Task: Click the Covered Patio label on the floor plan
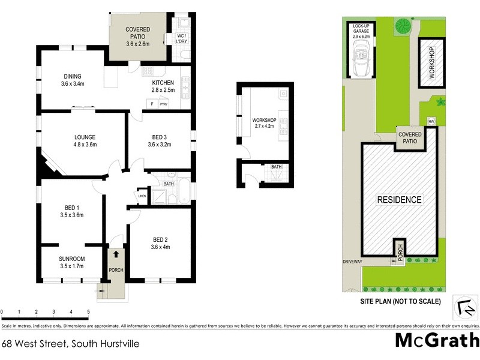[x=137, y=37]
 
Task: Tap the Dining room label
[x=72, y=80]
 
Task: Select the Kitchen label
[x=163, y=86]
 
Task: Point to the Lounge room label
[x=85, y=141]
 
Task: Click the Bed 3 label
[x=160, y=141]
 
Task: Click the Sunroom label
[x=71, y=262]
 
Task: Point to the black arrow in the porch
[x=116, y=254]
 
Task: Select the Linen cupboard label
[x=142, y=196]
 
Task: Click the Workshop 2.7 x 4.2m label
[x=264, y=124]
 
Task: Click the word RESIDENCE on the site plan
[x=399, y=200]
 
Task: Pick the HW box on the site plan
[x=430, y=122]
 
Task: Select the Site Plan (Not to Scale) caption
[x=400, y=301]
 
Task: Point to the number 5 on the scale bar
[x=88, y=313]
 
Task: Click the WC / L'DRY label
[x=181, y=40]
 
